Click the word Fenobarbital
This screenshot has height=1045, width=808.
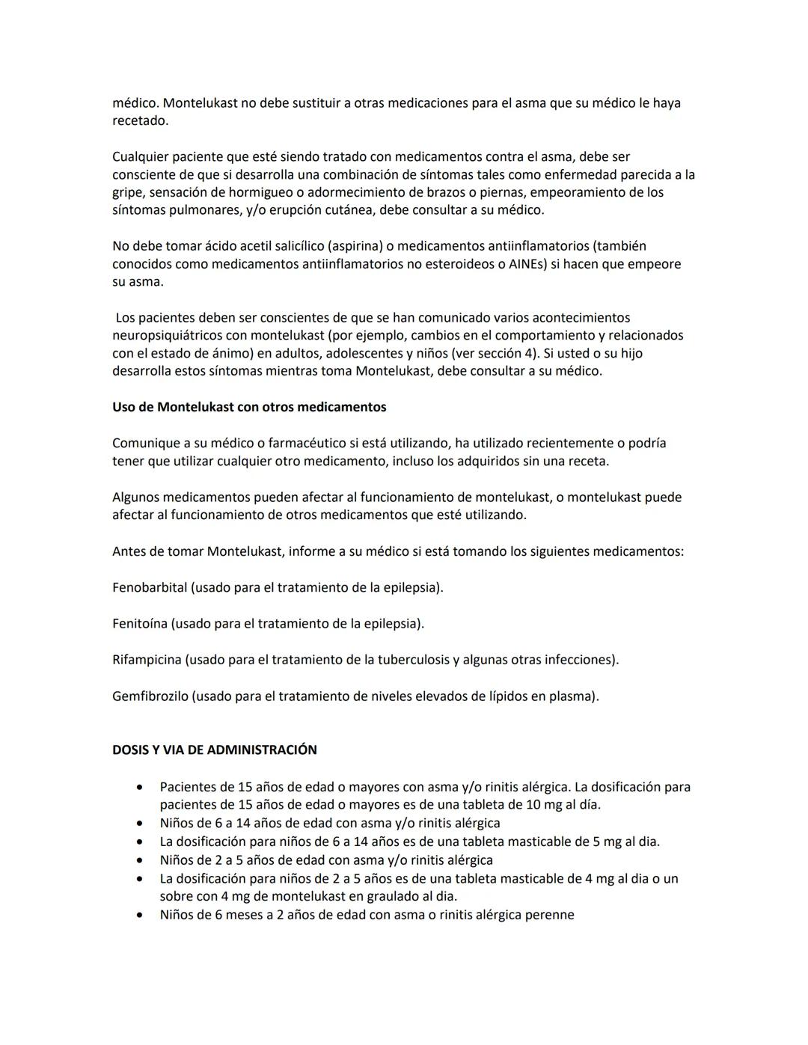[x=150, y=587]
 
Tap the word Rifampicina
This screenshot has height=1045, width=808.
[x=147, y=659]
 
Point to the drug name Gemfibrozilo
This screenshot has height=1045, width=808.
[x=150, y=696]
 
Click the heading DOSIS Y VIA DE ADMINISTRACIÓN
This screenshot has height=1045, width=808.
[x=214, y=750]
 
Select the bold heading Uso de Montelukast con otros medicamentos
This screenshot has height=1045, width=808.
[x=249, y=407]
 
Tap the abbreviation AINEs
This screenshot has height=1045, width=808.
[x=527, y=264]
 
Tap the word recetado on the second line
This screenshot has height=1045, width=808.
[x=139, y=120]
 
